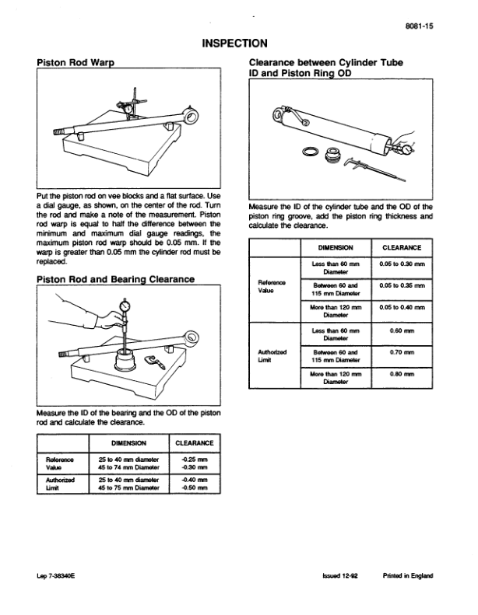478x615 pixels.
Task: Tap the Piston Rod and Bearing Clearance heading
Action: [x=115, y=278]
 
